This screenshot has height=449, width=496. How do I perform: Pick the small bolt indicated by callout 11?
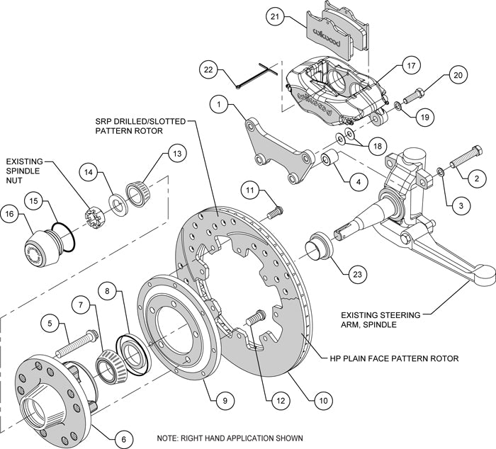275,210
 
